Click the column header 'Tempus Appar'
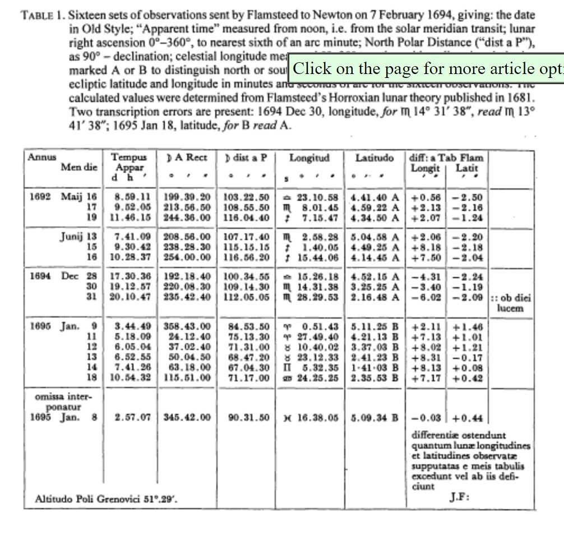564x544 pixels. point(128,163)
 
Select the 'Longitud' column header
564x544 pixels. point(309,158)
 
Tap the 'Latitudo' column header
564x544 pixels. point(375,158)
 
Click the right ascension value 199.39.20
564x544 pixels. point(187,197)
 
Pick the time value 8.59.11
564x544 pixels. point(132,197)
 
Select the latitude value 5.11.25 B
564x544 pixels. point(375,326)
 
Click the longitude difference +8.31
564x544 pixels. point(426,357)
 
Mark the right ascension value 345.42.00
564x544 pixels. point(187,417)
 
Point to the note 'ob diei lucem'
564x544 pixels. point(511,303)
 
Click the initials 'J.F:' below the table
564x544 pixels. point(459,497)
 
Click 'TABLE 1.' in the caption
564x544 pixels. point(43,15)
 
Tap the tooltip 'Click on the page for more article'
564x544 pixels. point(426,68)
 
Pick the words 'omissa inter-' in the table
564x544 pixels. point(62,397)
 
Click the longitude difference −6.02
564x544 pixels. point(426,297)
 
